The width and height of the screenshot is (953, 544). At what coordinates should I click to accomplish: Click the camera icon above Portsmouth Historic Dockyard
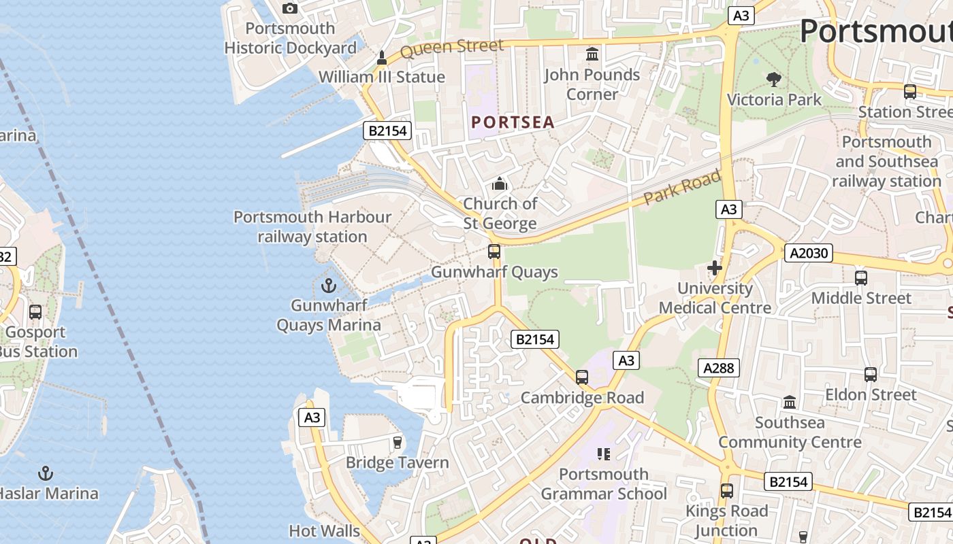[290, 8]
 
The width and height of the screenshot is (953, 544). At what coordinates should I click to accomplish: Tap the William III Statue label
[381, 77]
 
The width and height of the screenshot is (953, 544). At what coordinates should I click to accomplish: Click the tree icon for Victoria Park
[773, 80]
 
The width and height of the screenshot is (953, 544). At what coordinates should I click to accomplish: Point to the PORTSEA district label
[513, 122]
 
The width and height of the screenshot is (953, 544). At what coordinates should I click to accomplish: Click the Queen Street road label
[451, 48]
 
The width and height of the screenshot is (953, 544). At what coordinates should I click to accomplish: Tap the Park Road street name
[682, 188]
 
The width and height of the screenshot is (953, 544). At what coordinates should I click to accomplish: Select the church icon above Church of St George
[500, 184]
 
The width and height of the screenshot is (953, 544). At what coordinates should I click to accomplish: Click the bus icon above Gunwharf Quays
[494, 252]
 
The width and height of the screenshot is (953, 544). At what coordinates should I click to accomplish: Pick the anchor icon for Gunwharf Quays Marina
[329, 285]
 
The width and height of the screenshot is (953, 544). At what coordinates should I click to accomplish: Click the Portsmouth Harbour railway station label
[312, 226]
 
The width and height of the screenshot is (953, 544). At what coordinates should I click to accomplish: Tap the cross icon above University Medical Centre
[714, 268]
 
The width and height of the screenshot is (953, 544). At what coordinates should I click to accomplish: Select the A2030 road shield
[809, 253]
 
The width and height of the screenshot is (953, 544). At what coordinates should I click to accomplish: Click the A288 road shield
[718, 368]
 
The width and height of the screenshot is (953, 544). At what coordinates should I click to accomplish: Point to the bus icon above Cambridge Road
[581, 377]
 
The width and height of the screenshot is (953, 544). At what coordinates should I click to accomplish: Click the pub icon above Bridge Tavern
[398, 443]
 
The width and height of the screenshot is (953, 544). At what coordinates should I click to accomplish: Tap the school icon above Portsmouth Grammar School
[603, 454]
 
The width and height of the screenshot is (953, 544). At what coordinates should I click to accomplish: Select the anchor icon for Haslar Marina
[46, 473]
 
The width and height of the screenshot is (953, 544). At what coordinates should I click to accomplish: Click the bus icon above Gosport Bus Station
[35, 312]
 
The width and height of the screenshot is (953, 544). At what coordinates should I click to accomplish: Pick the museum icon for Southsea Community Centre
[790, 402]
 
